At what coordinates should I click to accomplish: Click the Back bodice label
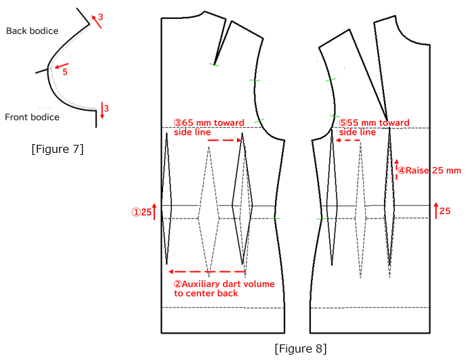[32, 30]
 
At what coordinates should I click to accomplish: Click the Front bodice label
[32, 117]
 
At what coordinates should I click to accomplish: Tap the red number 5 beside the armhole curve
[65, 72]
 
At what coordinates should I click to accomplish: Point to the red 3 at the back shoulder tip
[101, 16]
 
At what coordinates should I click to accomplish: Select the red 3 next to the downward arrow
[106, 108]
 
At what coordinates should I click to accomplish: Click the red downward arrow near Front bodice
[102, 110]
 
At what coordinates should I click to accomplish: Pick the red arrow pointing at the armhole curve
[60, 67]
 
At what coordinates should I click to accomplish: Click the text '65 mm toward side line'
[209, 127]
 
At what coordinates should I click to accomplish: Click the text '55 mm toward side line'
[374, 127]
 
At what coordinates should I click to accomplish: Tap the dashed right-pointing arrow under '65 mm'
[224, 141]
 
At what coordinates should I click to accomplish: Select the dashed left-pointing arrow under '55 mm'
[348, 141]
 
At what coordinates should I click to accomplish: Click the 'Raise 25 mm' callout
[429, 171]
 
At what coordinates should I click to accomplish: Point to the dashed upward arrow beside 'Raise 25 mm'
[397, 169]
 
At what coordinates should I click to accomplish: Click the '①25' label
[142, 212]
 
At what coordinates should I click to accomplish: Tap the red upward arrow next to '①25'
[155, 211]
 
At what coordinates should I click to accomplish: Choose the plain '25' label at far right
[445, 211]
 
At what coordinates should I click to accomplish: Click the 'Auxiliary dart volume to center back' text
[224, 289]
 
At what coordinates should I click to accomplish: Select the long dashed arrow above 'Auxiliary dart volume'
[207, 272]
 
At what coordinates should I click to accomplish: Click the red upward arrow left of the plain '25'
[435, 210]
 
